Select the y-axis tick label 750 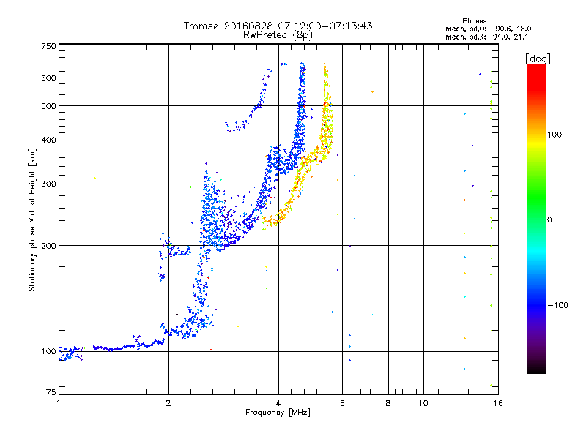[x=48, y=46]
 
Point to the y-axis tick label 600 [x=48, y=78]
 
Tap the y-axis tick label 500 [x=48, y=106]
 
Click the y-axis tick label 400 [x=48, y=140]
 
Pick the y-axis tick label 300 [x=48, y=184]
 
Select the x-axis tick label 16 [x=497, y=403]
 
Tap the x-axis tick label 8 [x=388, y=403]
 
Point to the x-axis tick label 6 [x=342, y=403]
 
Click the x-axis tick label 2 [x=168, y=403]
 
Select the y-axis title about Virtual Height [x=32, y=219]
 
